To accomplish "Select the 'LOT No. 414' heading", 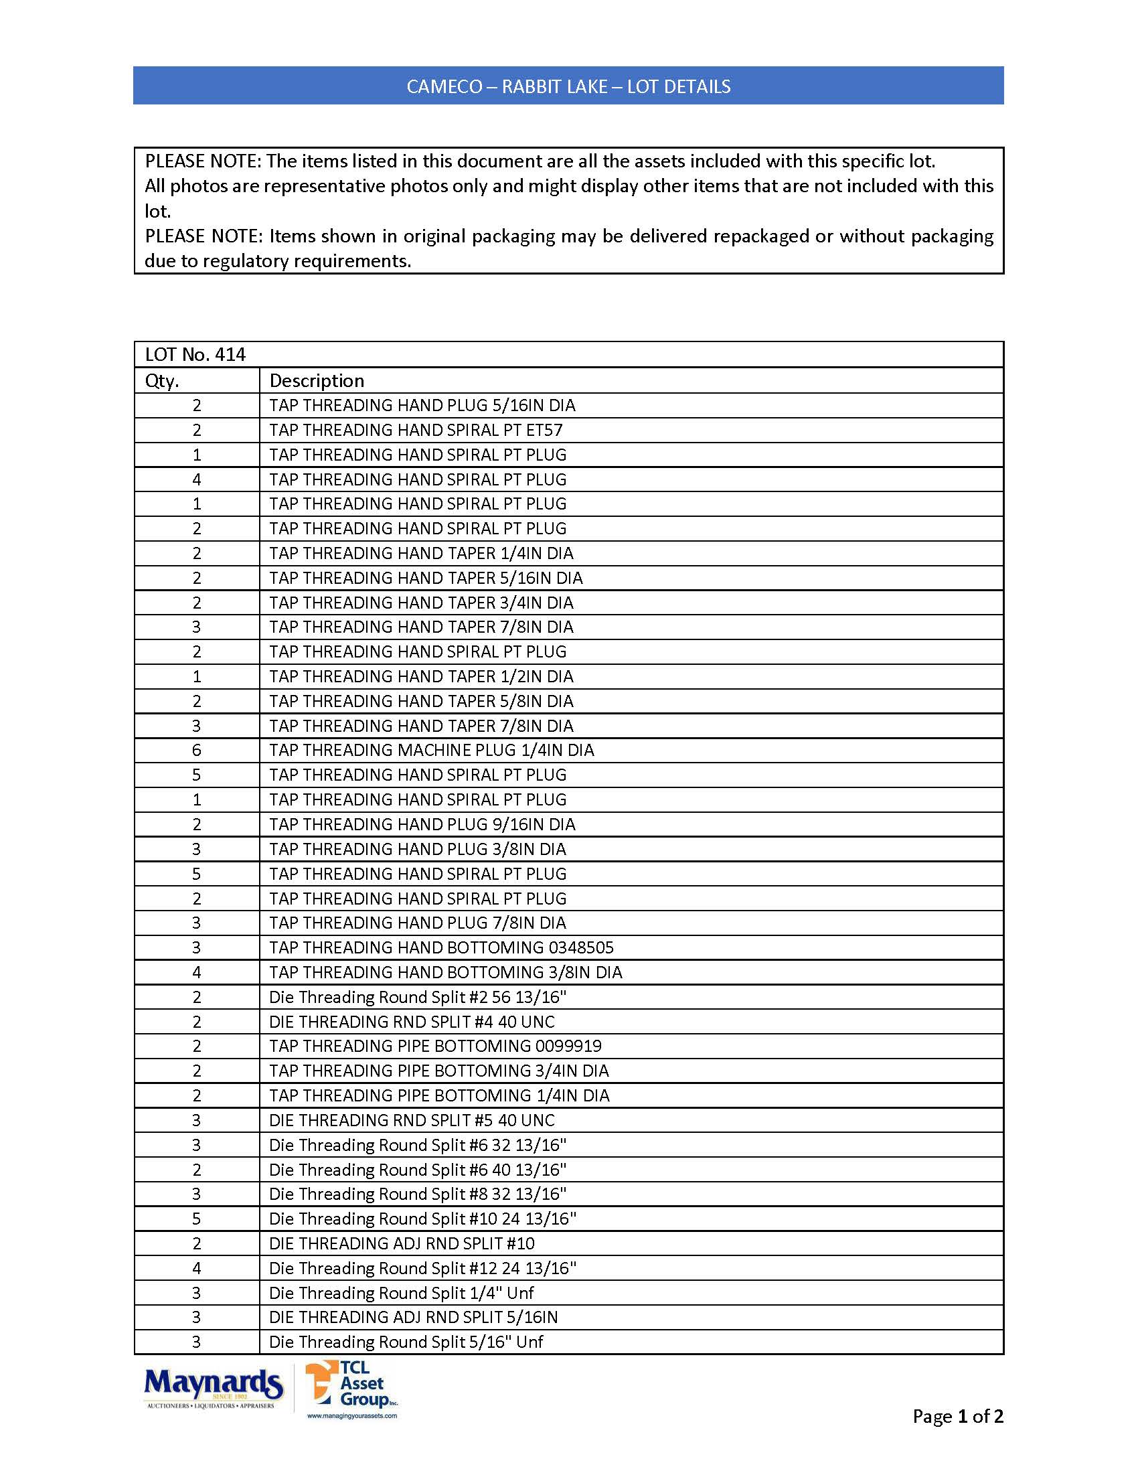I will [195, 355].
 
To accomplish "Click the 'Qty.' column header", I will [162, 381].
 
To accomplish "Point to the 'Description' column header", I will [317, 381].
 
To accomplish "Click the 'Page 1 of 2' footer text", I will [957, 1416].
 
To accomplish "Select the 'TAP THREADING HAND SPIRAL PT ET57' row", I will [416, 431].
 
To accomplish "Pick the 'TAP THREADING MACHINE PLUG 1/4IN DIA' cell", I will [432, 750].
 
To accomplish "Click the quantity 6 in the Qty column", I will [197, 750].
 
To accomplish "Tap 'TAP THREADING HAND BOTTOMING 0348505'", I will [442, 947].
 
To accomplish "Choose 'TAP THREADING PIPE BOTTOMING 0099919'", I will [436, 1046].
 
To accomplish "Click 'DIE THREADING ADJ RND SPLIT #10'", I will [402, 1244].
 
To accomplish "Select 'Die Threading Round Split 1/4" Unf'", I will [401, 1293].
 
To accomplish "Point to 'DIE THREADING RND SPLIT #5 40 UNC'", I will [412, 1120].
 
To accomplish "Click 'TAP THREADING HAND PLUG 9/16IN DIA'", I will [422, 824].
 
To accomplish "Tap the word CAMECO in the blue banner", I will [444, 87].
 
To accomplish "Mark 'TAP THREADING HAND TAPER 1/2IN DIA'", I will [421, 676].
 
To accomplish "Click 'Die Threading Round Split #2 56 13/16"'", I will [417, 997].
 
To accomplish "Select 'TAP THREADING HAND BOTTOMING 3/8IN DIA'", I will [446, 973].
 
